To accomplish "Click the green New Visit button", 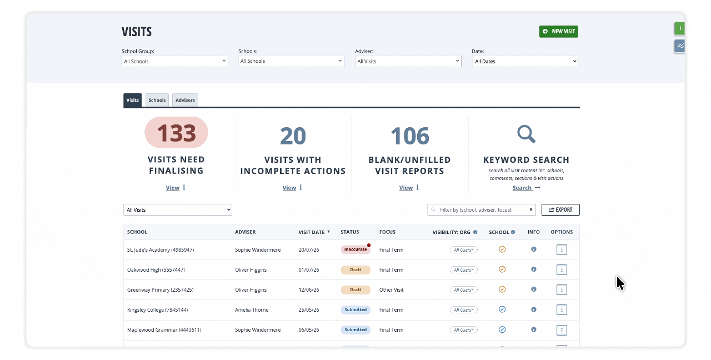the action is pyautogui.click(x=558, y=32).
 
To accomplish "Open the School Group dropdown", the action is pyautogui.click(x=174, y=61).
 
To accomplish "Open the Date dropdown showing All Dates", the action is pyautogui.click(x=525, y=61).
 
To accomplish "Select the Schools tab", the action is pyautogui.click(x=157, y=100).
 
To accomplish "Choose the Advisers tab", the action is pyautogui.click(x=185, y=100).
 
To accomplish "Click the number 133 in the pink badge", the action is pyautogui.click(x=176, y=133).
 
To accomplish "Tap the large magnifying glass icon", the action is pyautogui.click(x=526, y=134).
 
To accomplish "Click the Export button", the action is pyautogui.click(x=560, y=209).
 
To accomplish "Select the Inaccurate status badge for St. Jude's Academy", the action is pyautogui.click(x=355, y=249).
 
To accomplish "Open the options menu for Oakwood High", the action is pyautogui.click(x=562, y=269).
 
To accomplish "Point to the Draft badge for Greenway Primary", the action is pyautogui.click(x=355, y=289).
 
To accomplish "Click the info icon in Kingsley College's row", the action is pyautogui.click(x=534, y=309).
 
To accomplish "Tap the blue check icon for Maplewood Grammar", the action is pyautogui.click(x=502, y=329).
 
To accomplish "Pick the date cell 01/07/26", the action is pyautogui.click(x=308, y=270).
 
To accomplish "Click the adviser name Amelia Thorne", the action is pyautogui.click(x=252, y=310).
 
